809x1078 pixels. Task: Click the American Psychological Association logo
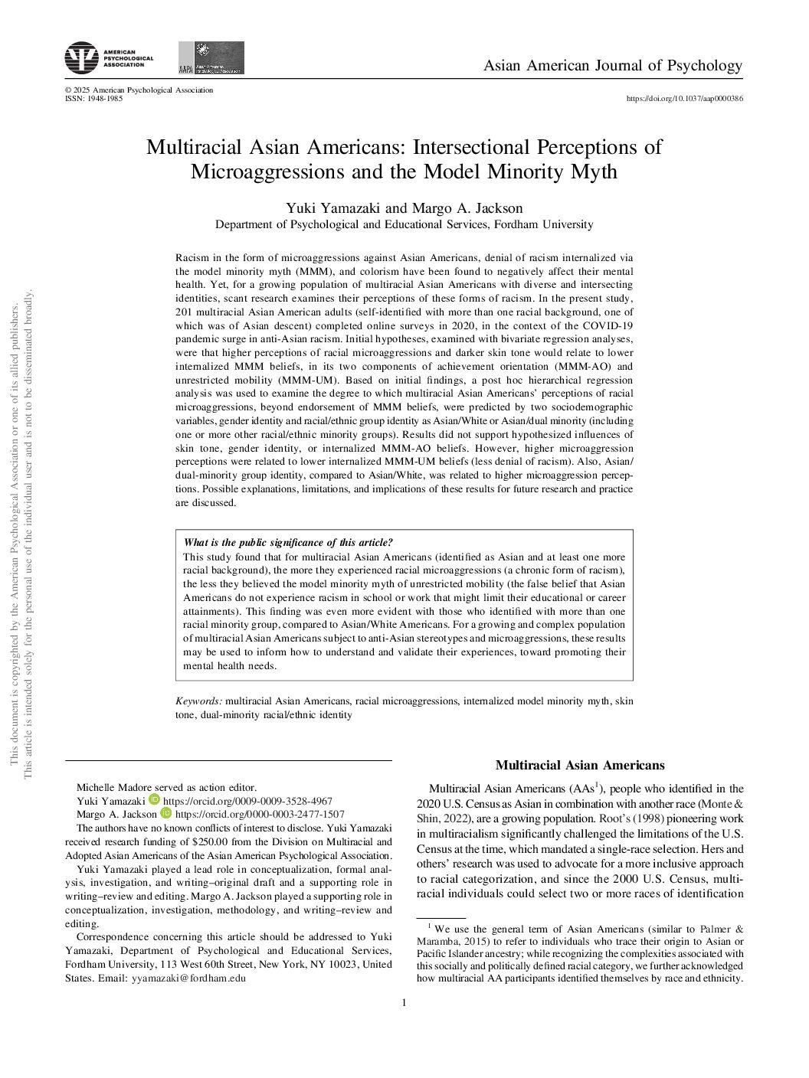pos(109,57)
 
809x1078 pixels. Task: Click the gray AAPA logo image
pos(211,58)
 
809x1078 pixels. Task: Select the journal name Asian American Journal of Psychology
pos(612,65)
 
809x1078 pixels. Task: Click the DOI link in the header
pos(684,98)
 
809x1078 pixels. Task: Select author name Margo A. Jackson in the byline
pos(467,208)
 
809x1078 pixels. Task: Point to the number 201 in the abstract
pos(184,312)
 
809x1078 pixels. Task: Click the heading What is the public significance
pos(288,543)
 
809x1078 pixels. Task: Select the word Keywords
pos(198,701)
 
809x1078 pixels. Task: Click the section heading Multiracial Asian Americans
pos(580,765)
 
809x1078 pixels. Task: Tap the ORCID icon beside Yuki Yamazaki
pos(154,800)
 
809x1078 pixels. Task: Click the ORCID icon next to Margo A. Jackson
pos(165,814)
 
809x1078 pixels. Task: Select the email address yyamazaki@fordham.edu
pos(188,978)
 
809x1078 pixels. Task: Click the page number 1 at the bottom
pos(404,1003)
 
